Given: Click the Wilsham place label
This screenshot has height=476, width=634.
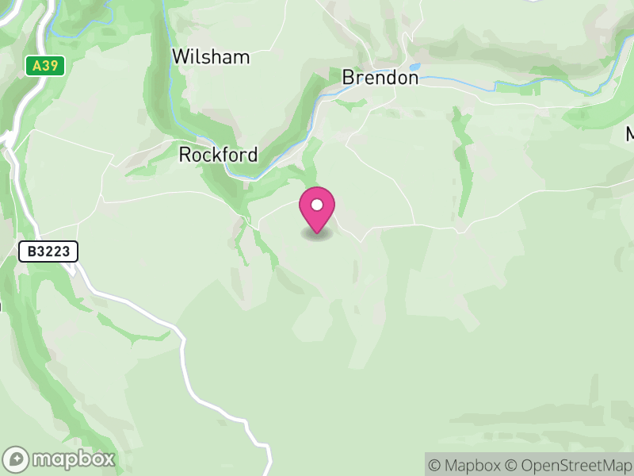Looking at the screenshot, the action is click(x=211, y=57).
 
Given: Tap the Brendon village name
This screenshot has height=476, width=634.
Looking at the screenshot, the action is click(x=380, y=78).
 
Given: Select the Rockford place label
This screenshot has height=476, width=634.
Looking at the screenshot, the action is click(x=218, y=155).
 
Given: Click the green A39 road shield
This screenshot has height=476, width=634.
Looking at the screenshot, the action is click(x=45, y=66).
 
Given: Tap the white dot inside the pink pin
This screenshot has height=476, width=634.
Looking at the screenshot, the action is click(x=317, y=205).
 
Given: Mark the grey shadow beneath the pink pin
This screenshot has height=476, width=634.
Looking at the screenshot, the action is click(x=317, y=234).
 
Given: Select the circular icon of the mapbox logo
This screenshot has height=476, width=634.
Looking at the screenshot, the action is click(x=17, y=459).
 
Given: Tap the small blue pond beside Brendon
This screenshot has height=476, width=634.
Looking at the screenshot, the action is click(x=414, y=67).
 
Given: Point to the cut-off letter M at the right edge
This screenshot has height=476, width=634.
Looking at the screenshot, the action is click(x=629, y=134).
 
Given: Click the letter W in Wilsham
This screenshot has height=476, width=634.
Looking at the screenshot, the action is click(x=181, y=57).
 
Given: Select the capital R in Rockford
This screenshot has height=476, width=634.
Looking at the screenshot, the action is click(x=185, y=155).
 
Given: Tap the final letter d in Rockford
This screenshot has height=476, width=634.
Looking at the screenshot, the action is click(x=252, y=155).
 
